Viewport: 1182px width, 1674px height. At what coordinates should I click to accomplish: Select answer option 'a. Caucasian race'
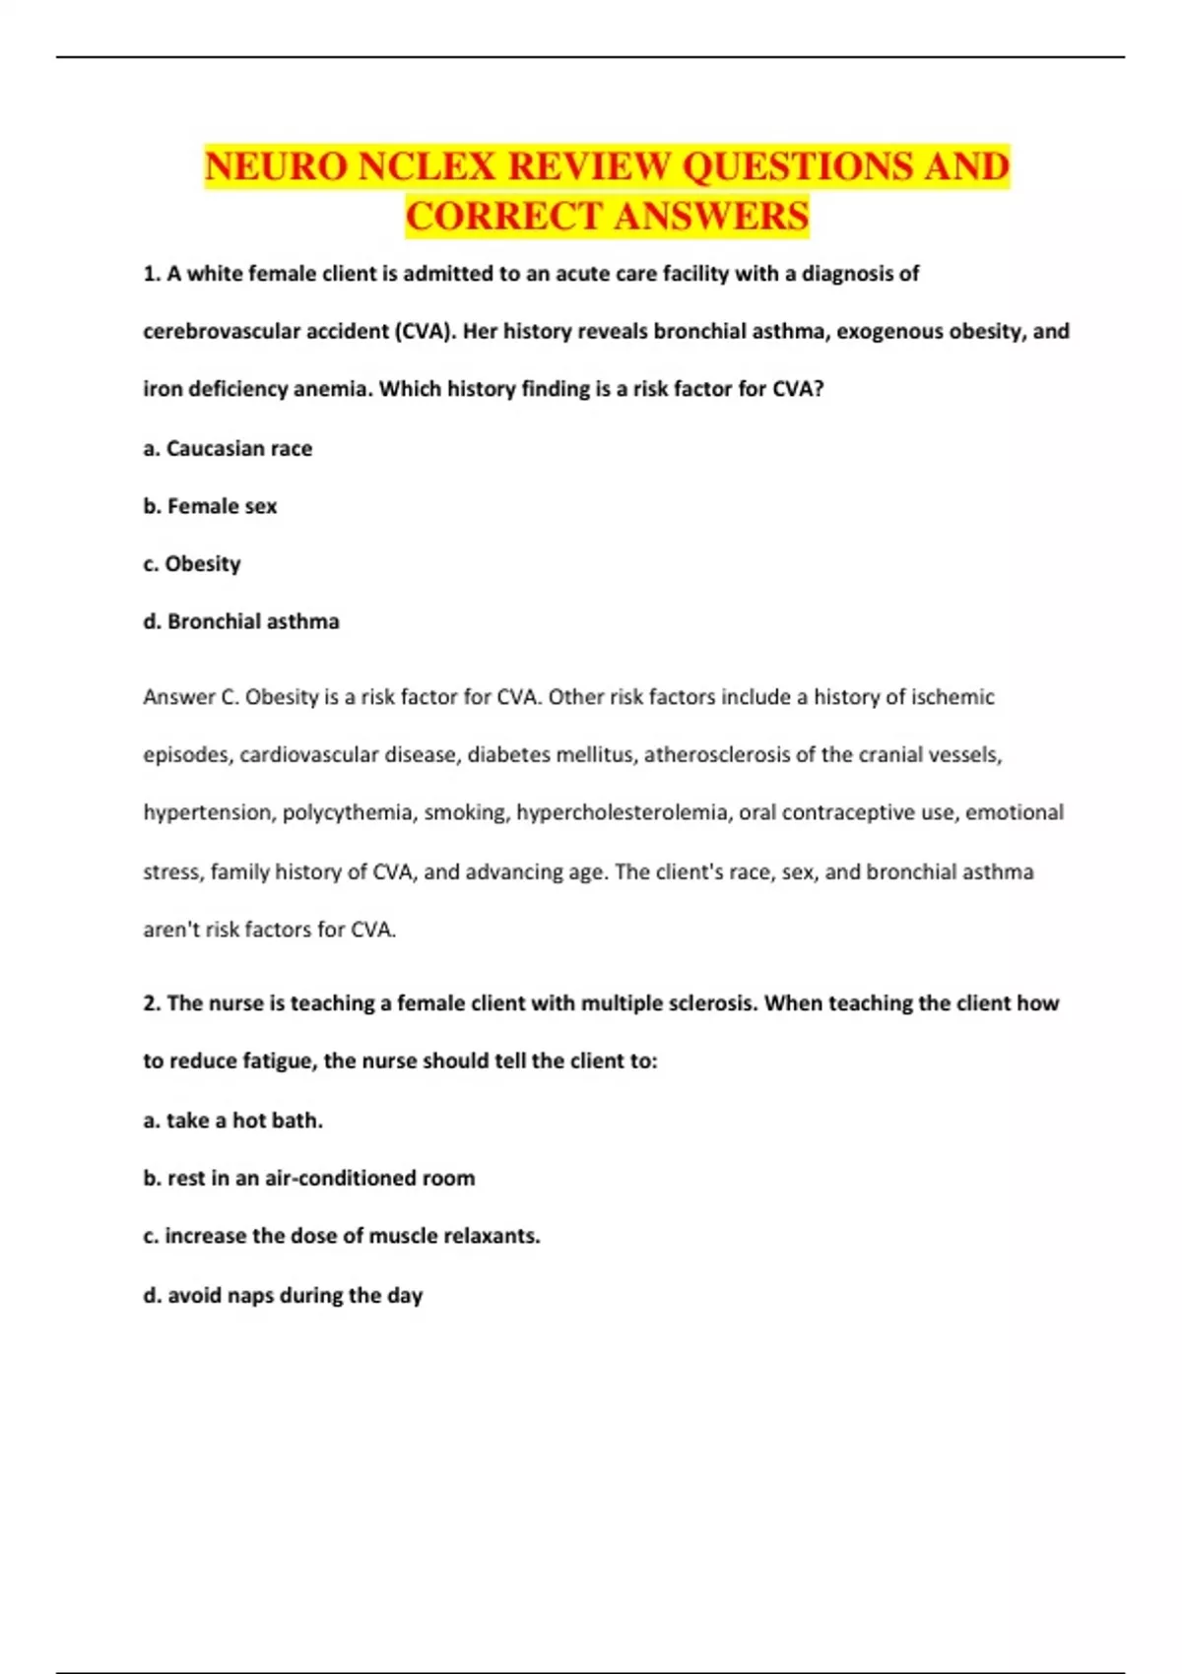point(228,448)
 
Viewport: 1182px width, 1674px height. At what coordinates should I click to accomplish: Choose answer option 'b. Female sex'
point(210,506)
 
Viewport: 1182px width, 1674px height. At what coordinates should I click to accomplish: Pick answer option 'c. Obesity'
point(192,563)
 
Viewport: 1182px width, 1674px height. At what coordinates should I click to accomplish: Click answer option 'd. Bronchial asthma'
point(241,621)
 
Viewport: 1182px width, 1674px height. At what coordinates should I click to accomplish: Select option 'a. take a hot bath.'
point(232,1120)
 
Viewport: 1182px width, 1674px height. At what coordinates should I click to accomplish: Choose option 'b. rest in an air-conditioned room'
point(309,1178)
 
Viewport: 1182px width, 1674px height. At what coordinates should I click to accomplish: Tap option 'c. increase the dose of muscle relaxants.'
point(342,1236)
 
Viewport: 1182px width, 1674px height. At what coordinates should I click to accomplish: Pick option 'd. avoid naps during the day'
point(283,1295)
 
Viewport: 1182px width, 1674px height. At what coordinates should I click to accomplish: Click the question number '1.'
point(152,274)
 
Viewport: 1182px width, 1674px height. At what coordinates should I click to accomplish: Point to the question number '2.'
point(152,1003)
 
